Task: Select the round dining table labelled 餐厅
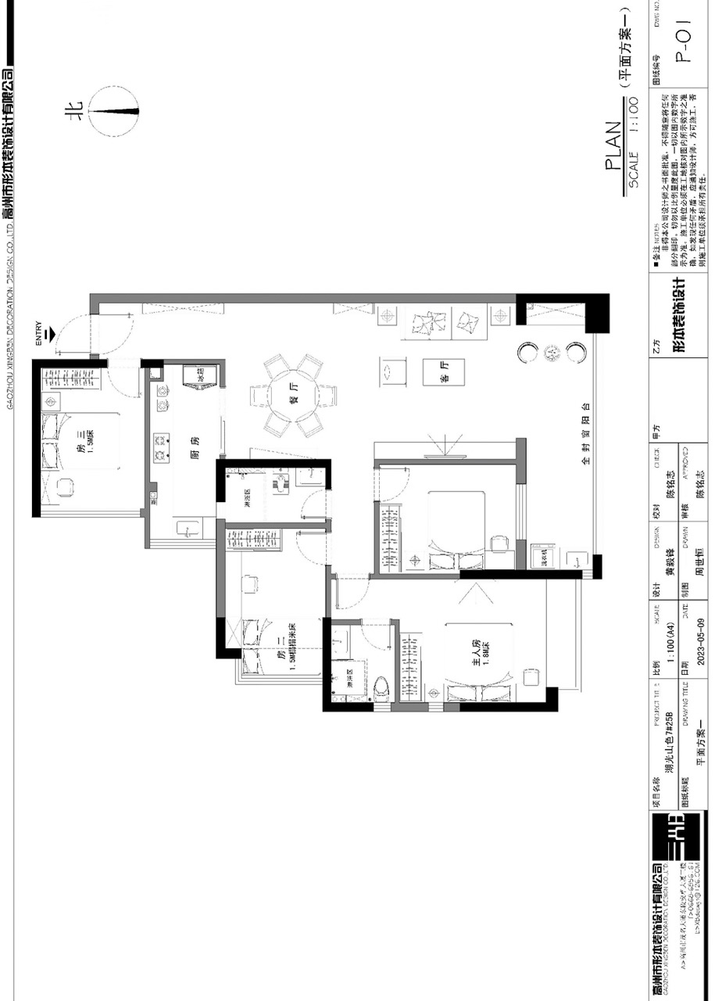click(293, 396)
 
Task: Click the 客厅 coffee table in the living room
click(443, 372)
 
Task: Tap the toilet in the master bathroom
click(381, 686)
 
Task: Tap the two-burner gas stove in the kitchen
click(163, 447)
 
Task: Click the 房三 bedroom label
click(80, 452)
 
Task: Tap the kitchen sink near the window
click(188, 529)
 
